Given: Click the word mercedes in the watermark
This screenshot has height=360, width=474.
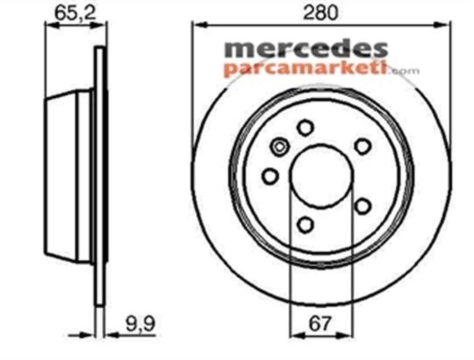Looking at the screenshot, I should (x=305, y=49).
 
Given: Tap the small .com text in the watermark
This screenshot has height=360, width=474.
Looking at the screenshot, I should (x=403, y=71).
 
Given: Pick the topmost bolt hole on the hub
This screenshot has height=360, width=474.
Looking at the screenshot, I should (x=305, y=127).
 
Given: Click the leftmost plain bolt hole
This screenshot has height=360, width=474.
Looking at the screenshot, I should (x=270, y=176).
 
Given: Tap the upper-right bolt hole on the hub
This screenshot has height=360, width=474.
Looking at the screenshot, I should (x=363, y=146).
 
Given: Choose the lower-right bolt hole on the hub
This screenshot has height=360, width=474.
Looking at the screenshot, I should (x=363, y=206).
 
